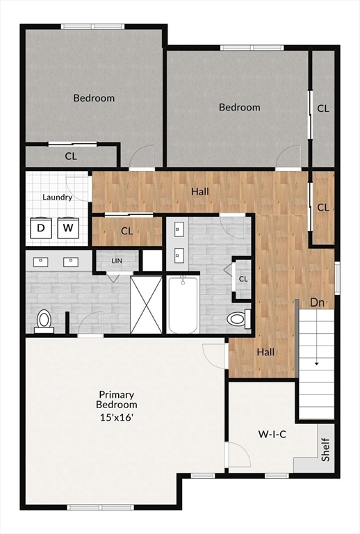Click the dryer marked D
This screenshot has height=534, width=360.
[41, 227]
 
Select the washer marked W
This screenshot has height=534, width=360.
[68, 227]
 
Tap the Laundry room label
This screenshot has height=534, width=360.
[57, 197]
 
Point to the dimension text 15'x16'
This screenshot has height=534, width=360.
[116, 417]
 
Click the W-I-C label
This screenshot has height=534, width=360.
[272, 434]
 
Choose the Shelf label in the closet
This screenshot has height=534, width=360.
[326, 450]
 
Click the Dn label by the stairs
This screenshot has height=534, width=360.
[317, 302]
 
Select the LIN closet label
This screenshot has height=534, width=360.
[117, 261]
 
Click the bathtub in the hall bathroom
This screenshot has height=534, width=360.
[183, 305]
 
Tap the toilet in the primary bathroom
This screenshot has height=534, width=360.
[44, 321]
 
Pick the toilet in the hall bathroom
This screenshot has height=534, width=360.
[239, 318]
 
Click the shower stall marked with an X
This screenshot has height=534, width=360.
[147, 305]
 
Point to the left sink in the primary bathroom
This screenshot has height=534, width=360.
[40, 262]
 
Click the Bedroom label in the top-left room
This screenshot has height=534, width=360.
[94, 98]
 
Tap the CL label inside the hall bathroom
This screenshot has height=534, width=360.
[243, 279]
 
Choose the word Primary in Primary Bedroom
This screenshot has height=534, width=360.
[117, 395]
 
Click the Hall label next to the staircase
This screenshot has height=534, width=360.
[265, 352]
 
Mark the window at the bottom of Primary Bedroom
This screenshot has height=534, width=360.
[100, 508]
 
